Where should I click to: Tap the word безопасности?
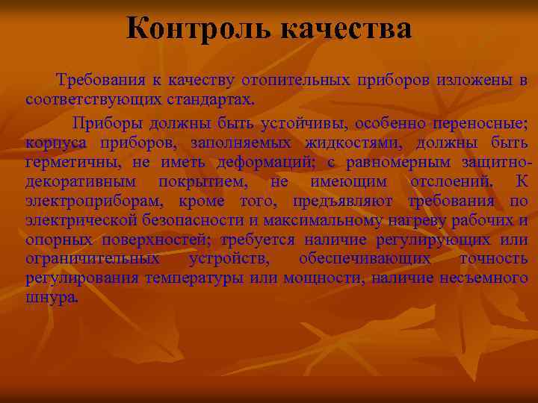pos(184,220)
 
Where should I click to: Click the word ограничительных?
pos(92,259)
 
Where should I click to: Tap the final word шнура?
pos(51,297)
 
